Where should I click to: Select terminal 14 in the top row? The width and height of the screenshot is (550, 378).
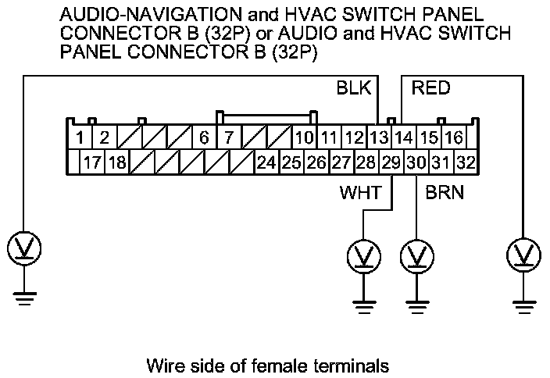tap(403, 139)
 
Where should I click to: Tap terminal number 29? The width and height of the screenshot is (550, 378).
tap(391, 163)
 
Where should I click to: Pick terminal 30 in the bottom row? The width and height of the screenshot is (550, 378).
tap(416, 163)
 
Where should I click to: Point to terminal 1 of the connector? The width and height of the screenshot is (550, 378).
tap(80, 139)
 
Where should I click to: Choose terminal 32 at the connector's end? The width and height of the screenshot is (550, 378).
tap(466, 163)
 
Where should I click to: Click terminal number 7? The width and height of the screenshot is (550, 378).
tap(229, 139)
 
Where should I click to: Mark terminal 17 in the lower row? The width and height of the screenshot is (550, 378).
tap(91, 163)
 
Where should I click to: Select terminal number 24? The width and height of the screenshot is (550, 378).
tap(266, 163)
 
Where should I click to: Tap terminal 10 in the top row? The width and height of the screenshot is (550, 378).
tap(304, 139)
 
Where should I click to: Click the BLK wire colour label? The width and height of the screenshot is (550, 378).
tap(353, 87)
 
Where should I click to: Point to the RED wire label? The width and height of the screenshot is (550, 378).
tap(430, 87)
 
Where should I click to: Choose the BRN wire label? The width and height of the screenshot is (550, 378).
tap(445, 191)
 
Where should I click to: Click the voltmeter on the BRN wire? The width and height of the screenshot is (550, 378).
tap(416, 255)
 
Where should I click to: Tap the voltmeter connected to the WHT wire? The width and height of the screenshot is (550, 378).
tap(362, 255)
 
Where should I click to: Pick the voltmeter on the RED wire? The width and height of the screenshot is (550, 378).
tap(523, 253)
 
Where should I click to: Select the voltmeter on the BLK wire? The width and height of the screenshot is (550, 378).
tap(24, 248)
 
